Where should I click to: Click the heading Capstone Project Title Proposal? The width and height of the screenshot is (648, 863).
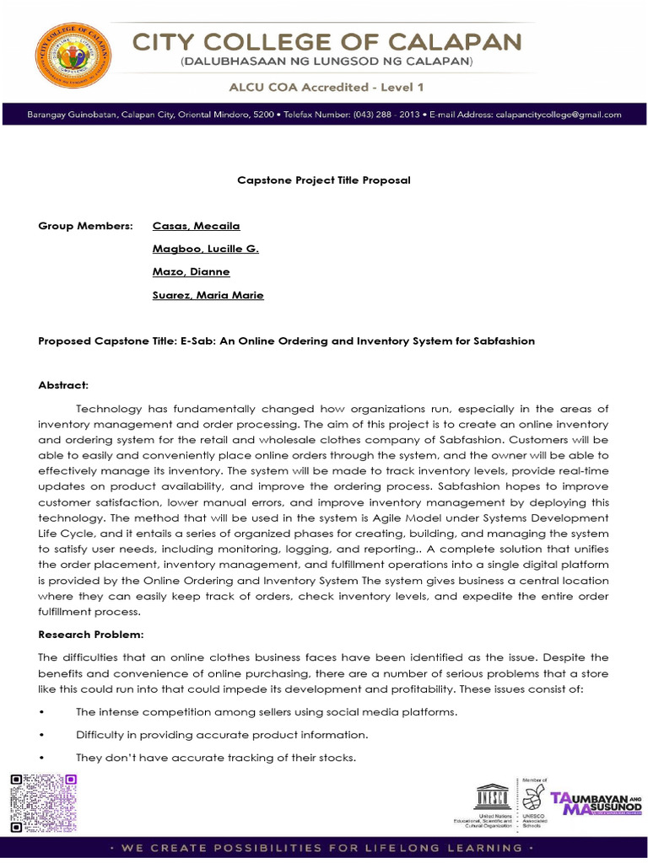click(323, 180)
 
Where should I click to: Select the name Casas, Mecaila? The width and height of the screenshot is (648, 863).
click(196, 226)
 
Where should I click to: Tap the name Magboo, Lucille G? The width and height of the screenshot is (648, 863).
click(205, 249)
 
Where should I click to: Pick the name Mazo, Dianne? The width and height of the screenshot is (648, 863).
click(191, 271)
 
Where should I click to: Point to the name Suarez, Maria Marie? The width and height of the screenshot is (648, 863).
click(208, 295)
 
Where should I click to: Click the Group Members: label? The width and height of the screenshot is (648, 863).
click(85, 226)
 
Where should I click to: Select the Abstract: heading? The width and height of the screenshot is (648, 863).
click(63, 385)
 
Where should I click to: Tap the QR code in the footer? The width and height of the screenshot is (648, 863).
click(43, 801)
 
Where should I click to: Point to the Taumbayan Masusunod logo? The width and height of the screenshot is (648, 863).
click(596, 802)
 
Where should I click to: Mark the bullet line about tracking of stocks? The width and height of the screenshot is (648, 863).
click(215, 758)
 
